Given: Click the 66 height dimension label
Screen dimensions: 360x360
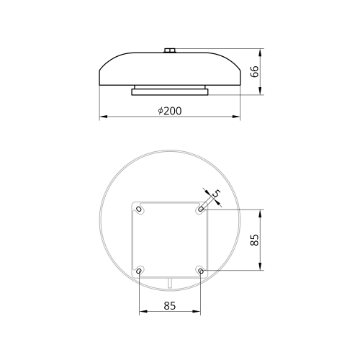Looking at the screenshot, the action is coord(255,71).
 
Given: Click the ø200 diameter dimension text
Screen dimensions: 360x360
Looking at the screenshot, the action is coord(170,111).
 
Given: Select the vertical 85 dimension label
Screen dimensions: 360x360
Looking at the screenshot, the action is coord(255,240).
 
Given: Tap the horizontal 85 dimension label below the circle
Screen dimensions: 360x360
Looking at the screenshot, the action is coord(170,306).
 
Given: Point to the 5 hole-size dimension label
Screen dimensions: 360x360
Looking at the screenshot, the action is coord(216,194).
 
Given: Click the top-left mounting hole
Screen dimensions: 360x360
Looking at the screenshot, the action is coord(139,209).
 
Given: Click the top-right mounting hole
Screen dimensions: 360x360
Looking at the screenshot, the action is coord(201,209).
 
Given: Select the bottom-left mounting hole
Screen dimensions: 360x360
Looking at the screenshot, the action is coord(139,271).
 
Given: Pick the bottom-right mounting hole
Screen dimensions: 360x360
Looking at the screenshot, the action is coord(201,271).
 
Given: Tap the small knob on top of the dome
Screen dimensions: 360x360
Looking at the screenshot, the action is coord(170,50).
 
